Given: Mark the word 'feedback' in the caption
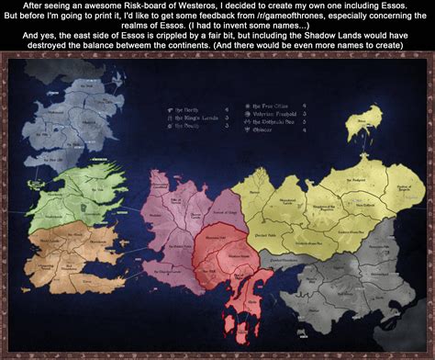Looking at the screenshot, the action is click(x=238, y=18).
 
